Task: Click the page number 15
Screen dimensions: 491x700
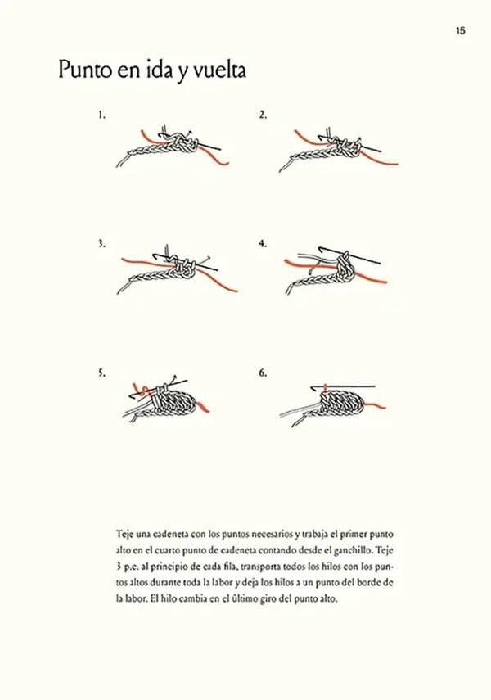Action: coord(461,31)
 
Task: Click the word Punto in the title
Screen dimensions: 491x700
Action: coord(85,70)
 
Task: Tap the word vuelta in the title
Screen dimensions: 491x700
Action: coord(219,71)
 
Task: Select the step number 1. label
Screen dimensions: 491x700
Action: coord(102,115)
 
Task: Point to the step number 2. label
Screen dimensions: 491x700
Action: coord(263,115)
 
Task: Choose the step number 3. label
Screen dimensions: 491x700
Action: coord(102,244)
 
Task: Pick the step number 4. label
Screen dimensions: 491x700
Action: coord(263,244)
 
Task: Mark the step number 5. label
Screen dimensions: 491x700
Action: coord(102,373)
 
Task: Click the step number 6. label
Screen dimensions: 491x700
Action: coord(263,373)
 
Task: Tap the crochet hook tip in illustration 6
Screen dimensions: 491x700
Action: coord(313,387)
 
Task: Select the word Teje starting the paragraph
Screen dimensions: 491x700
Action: coord(124,534)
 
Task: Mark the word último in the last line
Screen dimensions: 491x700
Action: coord(245,598)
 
